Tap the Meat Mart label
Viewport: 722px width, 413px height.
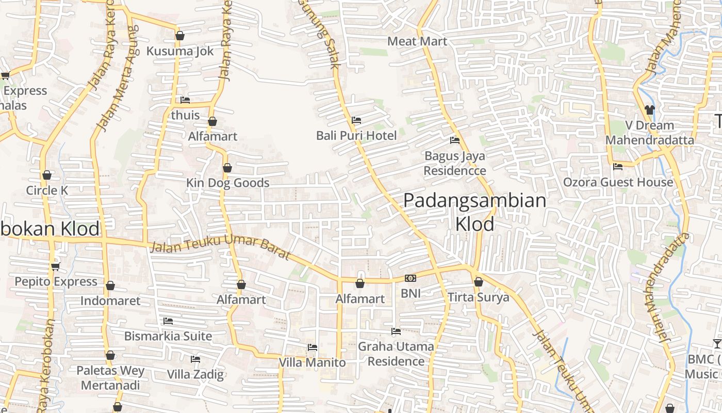coord(417,41)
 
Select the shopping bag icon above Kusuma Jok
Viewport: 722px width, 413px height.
coord(180,36)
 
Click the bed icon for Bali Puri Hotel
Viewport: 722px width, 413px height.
coord(356,120)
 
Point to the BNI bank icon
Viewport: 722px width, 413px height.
coord(411,278)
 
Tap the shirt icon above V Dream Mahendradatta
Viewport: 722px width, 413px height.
coord(649,109)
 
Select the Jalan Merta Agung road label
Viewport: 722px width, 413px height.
coord(118,77)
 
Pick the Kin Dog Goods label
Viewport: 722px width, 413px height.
coord(227,183)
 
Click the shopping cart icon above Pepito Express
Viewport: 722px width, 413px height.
coord(56,266)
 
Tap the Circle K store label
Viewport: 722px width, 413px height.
coord(47,190)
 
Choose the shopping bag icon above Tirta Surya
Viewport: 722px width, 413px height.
coord(479,282)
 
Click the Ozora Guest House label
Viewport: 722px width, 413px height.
coord(618,182)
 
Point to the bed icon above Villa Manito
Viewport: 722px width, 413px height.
coord(312,347)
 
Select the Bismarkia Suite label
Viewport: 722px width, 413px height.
coord(168,336)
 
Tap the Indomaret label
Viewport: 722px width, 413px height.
coord(110,300)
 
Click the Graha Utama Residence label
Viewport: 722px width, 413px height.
coord(396,354)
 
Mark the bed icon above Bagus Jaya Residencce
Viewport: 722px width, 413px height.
coord(455,140)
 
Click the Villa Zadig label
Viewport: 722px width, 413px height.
coord(195,374)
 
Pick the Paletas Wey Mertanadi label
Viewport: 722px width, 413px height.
coord(110,378)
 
